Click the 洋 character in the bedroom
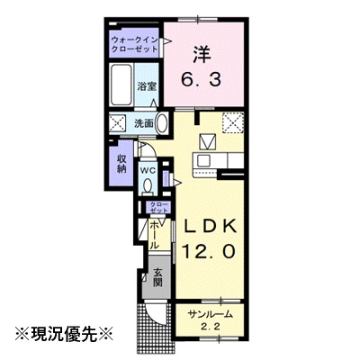coord(202,54)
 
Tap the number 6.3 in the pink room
coord(202,80)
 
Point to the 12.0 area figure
coord(209,250)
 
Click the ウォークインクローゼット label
coord(134,44)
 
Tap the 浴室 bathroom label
coord(147,87)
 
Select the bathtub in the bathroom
coord(121,85)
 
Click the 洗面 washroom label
coord(144,123)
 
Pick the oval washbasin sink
coord(162,123)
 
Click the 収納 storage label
coord(121,164)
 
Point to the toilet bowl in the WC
coord(148,185)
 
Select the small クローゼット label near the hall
coord(158,208)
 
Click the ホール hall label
coord(155,236)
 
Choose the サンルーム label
coord(210,315)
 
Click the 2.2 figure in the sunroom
coord(210,327)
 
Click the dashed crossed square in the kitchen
coord(233,122)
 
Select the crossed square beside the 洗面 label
coord(118,123)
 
